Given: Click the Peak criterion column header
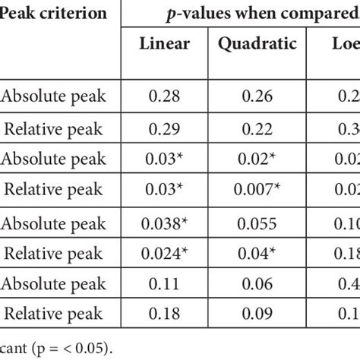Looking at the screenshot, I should click(x=52, y=14).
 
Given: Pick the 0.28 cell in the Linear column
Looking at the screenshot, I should click(x=165, y=97).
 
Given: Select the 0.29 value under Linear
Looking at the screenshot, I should click(x=165, y=129).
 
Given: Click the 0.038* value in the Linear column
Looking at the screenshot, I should click(x=165, y=224).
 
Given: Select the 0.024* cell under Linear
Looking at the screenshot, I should click(x=165, y=254).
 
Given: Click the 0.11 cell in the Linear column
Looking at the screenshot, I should click(x=165, y=285).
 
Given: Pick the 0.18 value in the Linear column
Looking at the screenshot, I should click(x=165, y=315).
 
